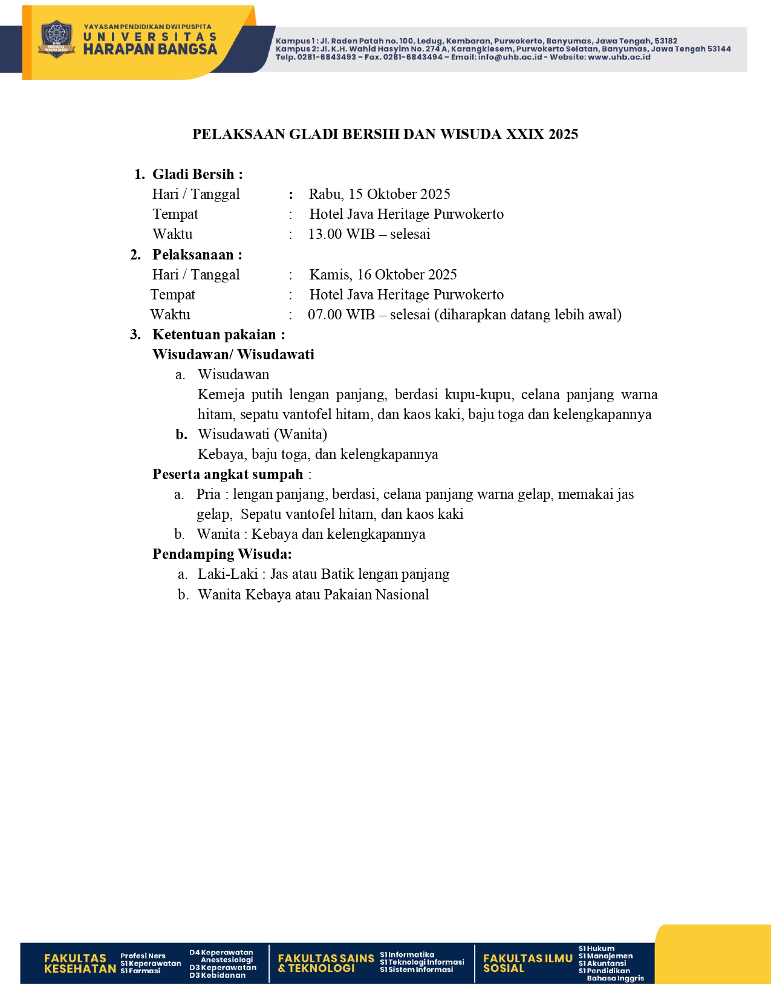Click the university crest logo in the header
click(x=56, y=39)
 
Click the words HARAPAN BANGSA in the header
click(x=150, y=50)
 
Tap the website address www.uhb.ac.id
click(x=619, y=57)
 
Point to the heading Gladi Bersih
click(x=194, y=174)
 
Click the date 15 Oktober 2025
click(x=399, y=194)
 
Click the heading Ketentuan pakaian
click(x=215, y=334)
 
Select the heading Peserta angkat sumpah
click(x=227, y=474)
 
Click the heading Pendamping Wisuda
click(x=221, y=554)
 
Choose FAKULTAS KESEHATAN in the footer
click(x=79, y=963)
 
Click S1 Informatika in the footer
click(x=407, y=954)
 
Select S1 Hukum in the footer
click(x=596, y=948)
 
